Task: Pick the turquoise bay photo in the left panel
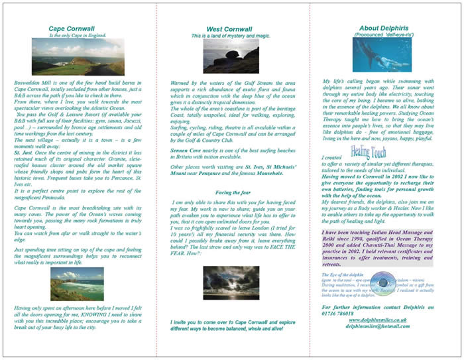pyautogui.click(x=77, y=284)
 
